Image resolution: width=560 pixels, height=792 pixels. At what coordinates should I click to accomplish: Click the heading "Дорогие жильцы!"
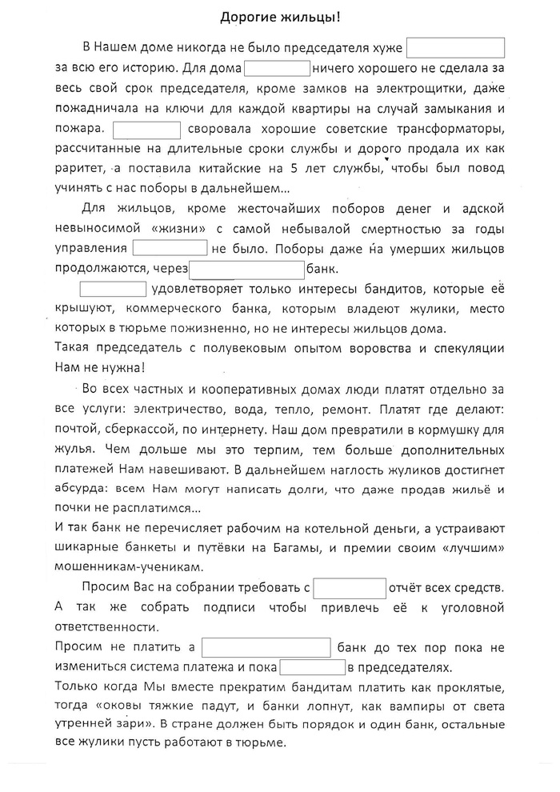279,16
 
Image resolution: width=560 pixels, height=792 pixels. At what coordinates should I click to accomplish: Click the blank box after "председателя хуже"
455,47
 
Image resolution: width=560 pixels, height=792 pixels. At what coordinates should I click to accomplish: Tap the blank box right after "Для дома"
277,68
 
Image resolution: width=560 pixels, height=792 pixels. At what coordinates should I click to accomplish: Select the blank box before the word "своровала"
147,129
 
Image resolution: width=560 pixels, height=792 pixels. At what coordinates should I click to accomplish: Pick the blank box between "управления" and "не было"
170,249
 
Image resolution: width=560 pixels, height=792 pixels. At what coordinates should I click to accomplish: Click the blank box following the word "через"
247,269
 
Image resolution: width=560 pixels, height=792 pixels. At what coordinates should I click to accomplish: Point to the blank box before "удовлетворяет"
113,289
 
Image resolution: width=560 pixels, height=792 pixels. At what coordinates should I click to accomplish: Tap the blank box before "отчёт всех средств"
350,587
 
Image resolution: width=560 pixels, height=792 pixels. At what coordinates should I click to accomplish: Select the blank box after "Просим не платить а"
266,647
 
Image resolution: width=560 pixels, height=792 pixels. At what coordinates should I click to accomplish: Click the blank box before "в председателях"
311,667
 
